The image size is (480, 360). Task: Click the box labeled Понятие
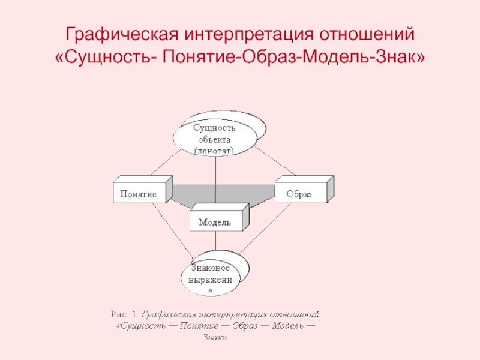point(139,194)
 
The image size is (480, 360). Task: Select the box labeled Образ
point(298,194)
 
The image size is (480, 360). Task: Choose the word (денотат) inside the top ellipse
point(214,150)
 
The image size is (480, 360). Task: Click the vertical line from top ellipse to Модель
point(215,180)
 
